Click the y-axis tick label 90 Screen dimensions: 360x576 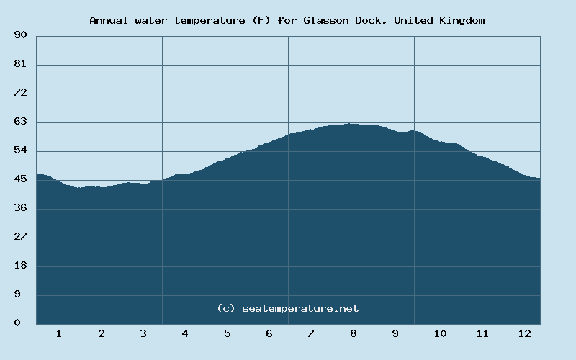click(20, 35)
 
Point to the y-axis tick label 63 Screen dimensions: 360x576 click(20, 122)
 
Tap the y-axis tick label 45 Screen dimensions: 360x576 click(20, 179)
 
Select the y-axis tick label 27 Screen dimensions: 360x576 click(20, 237)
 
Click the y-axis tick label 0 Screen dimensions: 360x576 click(17, 323)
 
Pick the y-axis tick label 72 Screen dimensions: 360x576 click(20, 93)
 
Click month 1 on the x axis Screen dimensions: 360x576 click(59, 333)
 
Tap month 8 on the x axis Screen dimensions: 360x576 click(354, 333)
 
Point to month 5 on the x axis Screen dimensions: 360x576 click(227, 333)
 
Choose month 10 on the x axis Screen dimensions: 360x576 click(440, 333)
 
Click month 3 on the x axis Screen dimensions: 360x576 click(143, 333)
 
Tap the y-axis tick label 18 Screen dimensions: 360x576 click(20, 266)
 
